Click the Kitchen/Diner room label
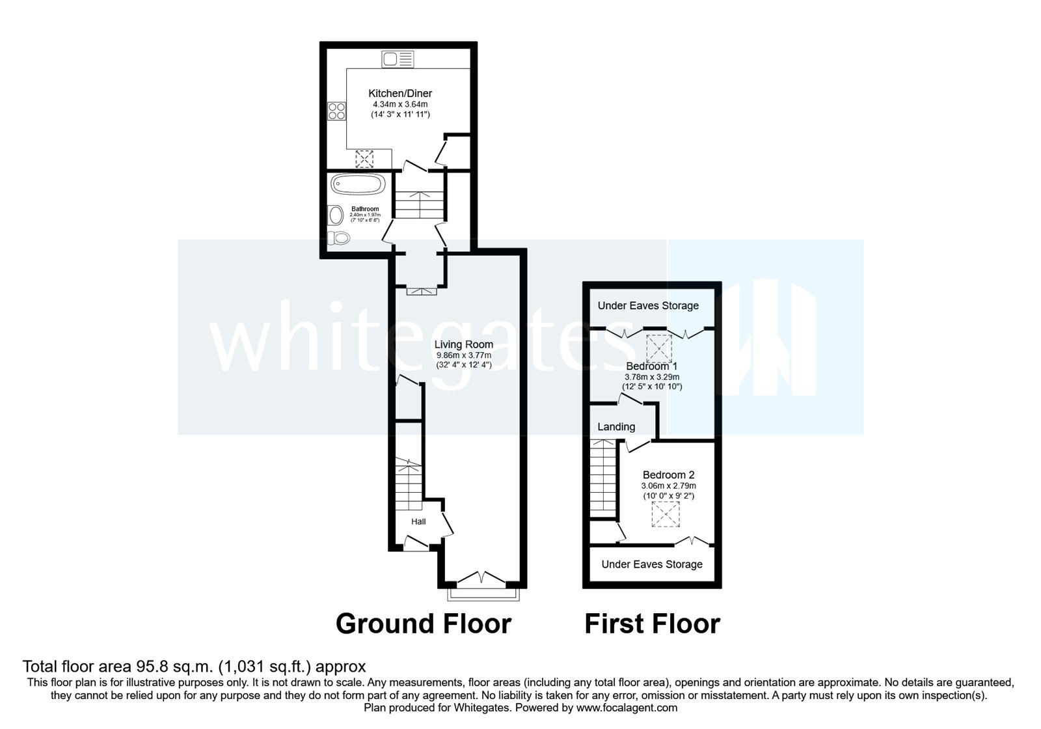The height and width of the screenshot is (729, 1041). tap(400, 94)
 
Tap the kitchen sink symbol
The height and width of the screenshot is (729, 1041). tap(398, 59)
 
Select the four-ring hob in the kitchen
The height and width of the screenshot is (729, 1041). tap(337, 111)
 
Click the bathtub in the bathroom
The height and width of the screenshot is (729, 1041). tap(357, 184)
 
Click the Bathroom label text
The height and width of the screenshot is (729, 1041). tap(365, 209)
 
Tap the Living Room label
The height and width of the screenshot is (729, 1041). tap(464, 344)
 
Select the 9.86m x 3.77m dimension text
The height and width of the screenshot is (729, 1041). tap(464, 355)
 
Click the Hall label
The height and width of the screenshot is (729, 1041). tap(418, 521)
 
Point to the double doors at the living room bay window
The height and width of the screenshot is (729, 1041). tap(481, 578)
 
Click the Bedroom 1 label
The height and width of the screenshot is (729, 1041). tap(651, 366)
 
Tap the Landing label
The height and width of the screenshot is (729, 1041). tap(616, 427)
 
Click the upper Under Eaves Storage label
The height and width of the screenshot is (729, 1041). tap(648, 305)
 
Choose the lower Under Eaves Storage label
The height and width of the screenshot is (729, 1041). tap(652, 564)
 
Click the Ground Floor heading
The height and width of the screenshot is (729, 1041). tap(424, 624)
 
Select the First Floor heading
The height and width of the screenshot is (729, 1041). tap(652, 624)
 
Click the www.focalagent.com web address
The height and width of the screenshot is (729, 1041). tap(627, 708)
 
